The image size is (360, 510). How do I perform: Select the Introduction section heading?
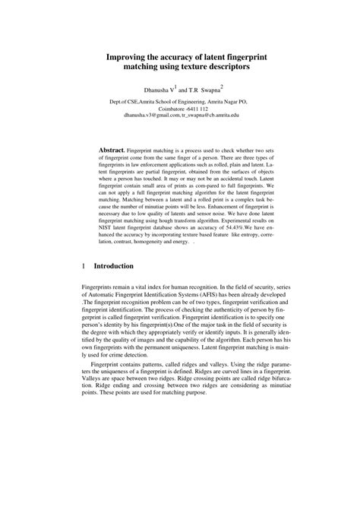pyautogui.click(x=113, y=267)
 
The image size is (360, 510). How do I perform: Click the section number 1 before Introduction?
pyautogui.click(x=83, y=267)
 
